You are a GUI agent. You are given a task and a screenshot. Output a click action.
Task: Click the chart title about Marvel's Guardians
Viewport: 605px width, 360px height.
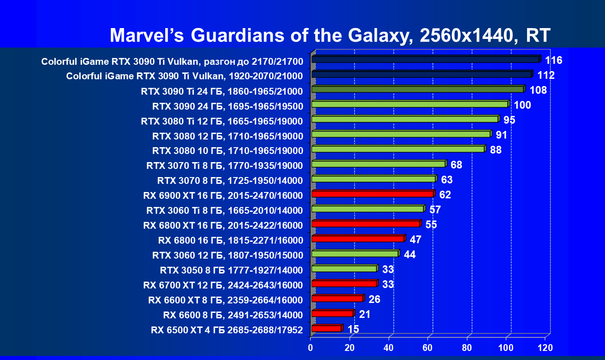[330, 35]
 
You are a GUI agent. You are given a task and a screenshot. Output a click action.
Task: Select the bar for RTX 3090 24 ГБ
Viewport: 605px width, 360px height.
[410, 105]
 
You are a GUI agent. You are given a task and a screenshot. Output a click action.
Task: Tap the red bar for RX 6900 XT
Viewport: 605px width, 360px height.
[373, 194]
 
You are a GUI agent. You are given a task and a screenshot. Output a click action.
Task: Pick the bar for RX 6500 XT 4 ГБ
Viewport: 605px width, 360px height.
[327, 329]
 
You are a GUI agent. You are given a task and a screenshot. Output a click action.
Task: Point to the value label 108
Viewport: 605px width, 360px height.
[538, 90]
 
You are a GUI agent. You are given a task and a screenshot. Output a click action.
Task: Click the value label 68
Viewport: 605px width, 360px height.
[456, 165]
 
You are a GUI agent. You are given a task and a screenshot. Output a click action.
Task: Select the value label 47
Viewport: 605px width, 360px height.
[416, 240]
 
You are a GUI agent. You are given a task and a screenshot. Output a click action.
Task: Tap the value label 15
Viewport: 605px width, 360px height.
[353, 329]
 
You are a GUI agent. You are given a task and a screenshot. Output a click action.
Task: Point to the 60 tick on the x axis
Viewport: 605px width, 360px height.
[427, 348]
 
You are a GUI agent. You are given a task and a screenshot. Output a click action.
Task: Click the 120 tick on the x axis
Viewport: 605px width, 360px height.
[545, 348]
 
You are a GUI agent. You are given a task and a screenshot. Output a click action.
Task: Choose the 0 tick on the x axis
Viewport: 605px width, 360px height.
[311, 348]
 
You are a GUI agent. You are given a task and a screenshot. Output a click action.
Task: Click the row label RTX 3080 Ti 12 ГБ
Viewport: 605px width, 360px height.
[222, 121]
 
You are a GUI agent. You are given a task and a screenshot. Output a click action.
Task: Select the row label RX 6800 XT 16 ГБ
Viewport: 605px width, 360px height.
[223, 225]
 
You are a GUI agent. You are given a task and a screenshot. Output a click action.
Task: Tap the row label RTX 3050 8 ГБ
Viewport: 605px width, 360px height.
[231, 270]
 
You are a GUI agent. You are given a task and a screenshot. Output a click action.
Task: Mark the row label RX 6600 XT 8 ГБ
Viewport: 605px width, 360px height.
[225, 300]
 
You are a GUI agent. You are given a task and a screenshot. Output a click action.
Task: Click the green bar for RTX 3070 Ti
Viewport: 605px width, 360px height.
[379, 164]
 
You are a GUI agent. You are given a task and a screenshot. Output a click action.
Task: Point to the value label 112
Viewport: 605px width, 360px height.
[546, 75]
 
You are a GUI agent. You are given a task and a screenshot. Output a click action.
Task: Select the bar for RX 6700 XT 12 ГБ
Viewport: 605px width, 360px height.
[344, 284]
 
